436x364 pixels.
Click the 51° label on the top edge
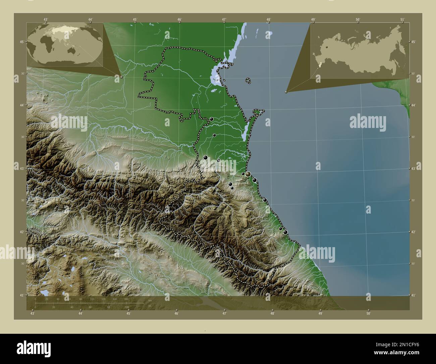coord(402,19)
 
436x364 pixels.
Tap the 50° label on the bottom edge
coord(368,313)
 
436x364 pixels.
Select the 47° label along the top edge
coord(224,19)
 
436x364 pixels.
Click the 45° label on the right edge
coord(413,42)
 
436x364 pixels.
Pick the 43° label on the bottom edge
coord(32,313)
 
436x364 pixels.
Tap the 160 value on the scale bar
coord(126,299)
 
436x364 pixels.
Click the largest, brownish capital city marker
coord(248,174)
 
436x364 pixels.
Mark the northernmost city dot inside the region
coord(211,119)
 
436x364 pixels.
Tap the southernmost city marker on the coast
coord(285,232)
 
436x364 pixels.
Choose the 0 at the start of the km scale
coord(35,299)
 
